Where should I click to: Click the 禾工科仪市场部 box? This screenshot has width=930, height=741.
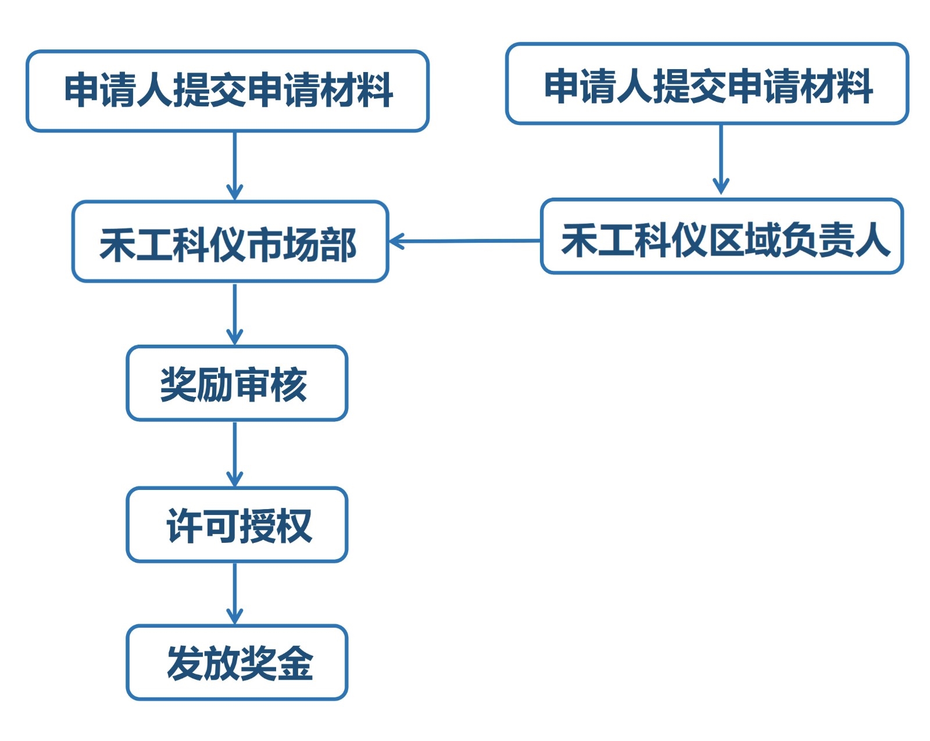tap(230, 242)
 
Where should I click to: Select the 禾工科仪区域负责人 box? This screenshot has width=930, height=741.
tap(721, 237)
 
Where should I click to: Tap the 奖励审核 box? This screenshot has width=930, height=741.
tap(237, 384)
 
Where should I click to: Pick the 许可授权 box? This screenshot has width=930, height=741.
tap(237, 525)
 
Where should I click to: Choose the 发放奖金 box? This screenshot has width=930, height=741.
tap(237, 663)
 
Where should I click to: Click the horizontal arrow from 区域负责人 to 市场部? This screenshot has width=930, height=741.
tap(465, 241)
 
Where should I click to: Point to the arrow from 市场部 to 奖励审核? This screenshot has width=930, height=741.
tap(234, 314)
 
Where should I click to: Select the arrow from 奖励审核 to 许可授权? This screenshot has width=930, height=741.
tap(234, 454)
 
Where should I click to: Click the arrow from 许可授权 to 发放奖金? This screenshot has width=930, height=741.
tap(234, 593)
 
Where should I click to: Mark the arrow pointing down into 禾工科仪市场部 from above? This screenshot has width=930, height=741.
tap(234, 166)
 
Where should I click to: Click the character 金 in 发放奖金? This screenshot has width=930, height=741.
tap(295, 663)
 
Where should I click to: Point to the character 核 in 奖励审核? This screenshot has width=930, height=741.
tap(288, 384)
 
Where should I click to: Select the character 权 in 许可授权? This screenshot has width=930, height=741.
tap(294, 526)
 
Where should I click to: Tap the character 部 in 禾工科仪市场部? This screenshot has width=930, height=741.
tap(338, 245)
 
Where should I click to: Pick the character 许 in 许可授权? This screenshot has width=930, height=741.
tap(184, 526)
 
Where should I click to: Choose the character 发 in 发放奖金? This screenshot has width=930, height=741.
tap(184, 663)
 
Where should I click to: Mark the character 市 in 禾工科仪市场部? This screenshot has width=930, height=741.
tap(264, 245)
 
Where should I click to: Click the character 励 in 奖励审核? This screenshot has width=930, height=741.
tap(215, 384)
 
